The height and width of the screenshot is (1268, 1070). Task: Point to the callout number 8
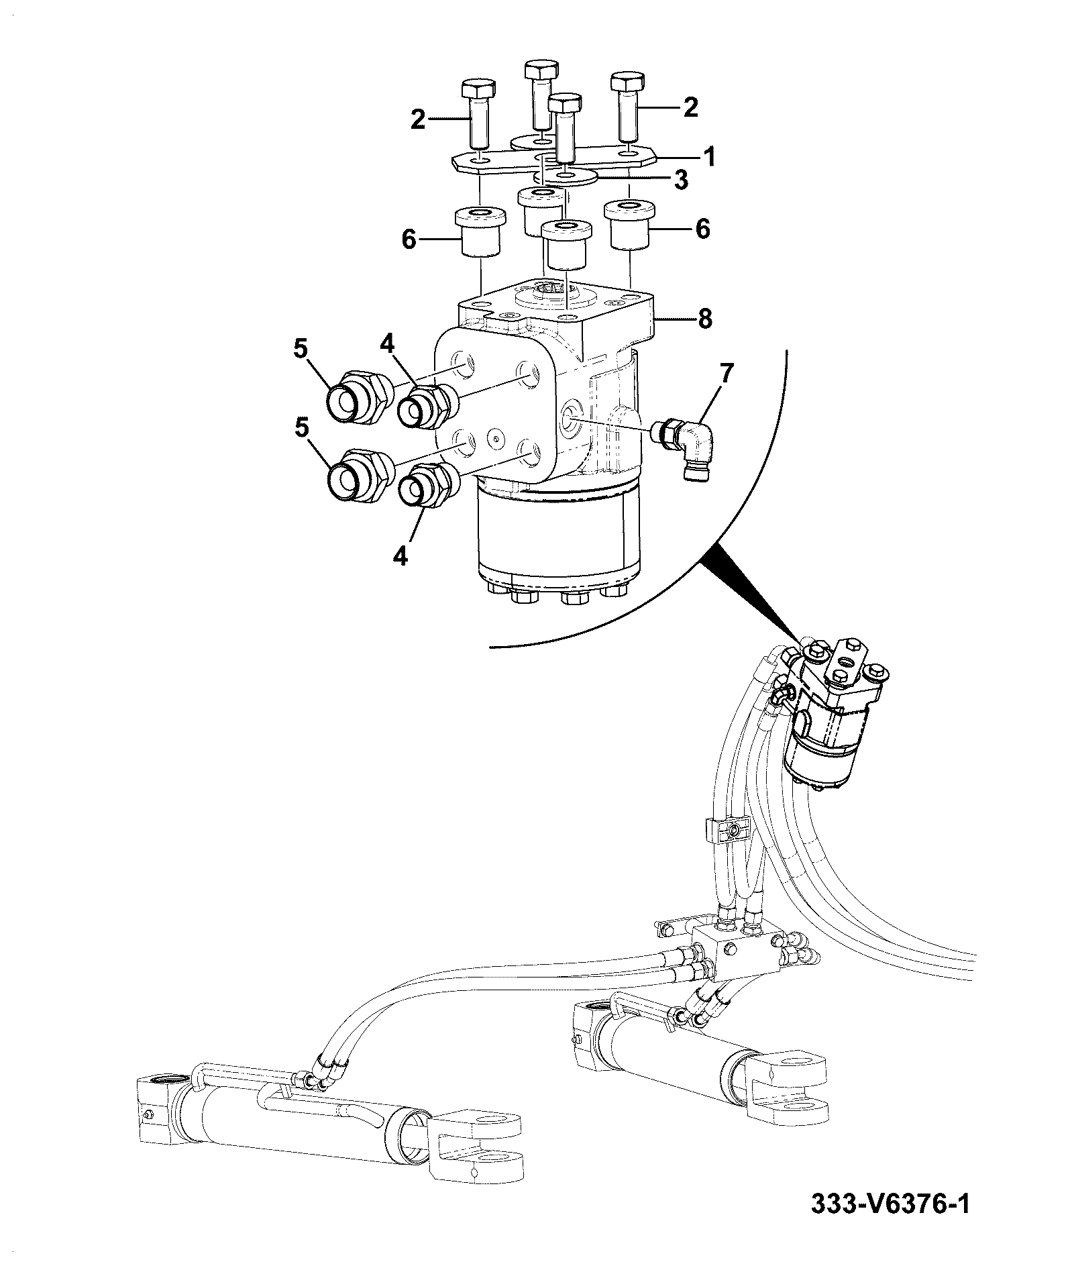click(x=704, y=319)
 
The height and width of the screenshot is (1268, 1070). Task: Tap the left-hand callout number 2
click(x=418, y=120)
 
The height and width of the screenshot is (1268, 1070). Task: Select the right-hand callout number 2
click(x=690, y=107)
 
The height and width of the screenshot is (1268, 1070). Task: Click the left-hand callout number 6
click(x=409, y=240)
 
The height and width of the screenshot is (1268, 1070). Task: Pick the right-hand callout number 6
click(x=702, y=229)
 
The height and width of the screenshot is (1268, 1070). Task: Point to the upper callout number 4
click(x=386, y=344)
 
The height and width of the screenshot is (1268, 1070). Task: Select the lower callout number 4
click(x=400, y=556)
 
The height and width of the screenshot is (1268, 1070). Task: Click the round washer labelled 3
click(x=566, y=176)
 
